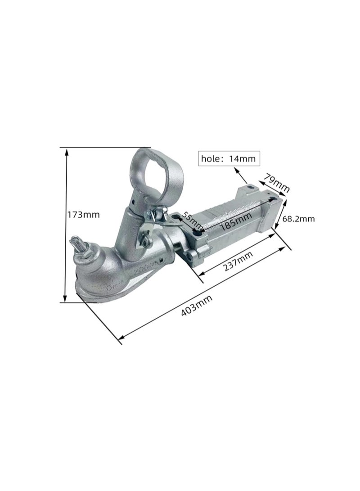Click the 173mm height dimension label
point(84,215)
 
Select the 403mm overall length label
point(197,305)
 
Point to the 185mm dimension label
point(236,221)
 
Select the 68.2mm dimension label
point(298,219)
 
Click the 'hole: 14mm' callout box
point(229,158)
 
